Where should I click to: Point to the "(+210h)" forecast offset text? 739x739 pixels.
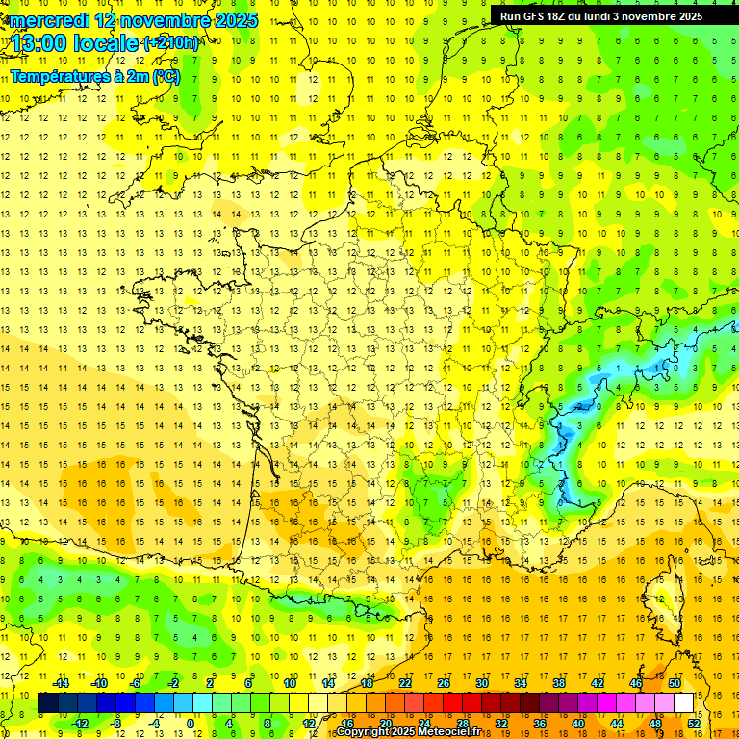tap(171, 42)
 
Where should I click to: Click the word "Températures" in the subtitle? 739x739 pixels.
tap(59, 75)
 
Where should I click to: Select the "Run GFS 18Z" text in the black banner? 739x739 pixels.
tap(532, 15)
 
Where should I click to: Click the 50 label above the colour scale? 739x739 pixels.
tap(675, 683)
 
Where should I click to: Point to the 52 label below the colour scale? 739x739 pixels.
tap(694, 724)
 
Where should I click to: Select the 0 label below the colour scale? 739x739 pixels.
tap(191, 724)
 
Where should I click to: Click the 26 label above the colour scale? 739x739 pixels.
tap(443, 683)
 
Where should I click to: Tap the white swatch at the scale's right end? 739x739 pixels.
tap(684, 703)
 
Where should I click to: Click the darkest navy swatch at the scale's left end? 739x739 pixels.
tap(48, 703)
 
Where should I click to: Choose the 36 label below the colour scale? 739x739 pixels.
tap(540, 724)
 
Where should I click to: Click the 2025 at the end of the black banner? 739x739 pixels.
tap(689, 15)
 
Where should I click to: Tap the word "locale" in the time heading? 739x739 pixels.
tap(109, 43)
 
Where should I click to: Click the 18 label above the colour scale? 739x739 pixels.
tap(366, 683)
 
